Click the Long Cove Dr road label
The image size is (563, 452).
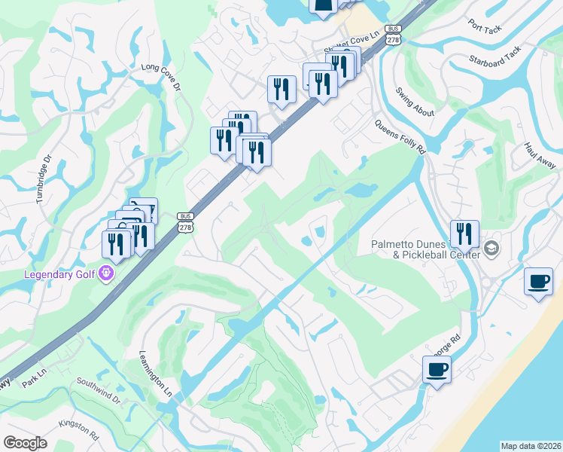click(x=162, y=77)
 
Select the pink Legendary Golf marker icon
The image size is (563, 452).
click(x=106, y=273)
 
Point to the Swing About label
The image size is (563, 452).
click(x=415, y=101)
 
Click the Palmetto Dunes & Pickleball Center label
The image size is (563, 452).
click(x=425, y=249)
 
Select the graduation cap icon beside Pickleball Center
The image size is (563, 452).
click(x=491, y=248)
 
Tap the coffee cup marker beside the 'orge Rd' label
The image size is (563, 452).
click(x=437, y=370)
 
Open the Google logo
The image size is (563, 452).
click(x=25, y=443)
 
